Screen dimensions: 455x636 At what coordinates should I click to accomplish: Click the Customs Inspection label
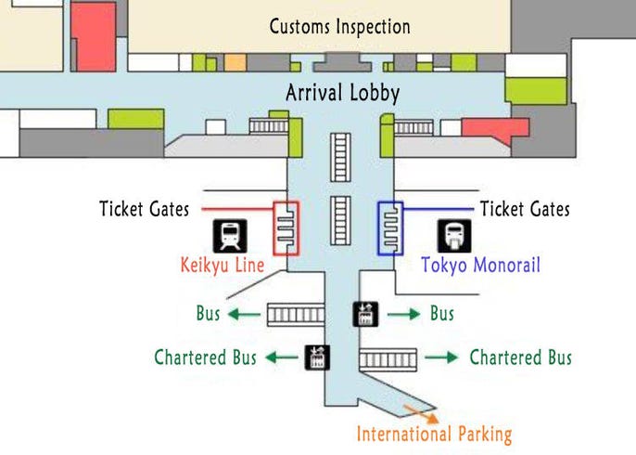tap(339, 26)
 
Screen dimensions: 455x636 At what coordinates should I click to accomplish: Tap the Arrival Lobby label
tap(342, 93)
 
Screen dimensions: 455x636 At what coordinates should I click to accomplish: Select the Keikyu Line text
tap(222, 266)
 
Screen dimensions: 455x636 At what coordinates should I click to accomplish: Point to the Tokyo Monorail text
tap(480, 266)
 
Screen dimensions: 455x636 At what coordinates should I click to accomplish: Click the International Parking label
tap(434, 434)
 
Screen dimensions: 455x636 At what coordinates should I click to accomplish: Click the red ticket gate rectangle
tap(286, 227)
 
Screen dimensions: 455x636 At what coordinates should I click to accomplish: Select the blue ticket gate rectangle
tap(390, 227)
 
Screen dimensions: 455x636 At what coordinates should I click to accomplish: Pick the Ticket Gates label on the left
tap(144, 209)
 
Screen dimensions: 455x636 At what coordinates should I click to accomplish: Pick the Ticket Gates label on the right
tap(525, 209)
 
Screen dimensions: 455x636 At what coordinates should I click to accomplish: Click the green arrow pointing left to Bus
tap(244, 315)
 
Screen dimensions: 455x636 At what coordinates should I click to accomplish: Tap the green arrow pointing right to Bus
tap(404, 315)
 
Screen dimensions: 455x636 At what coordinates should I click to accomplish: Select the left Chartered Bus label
tap(205, 357)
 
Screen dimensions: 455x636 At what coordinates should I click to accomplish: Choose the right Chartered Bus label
tap(521, 357)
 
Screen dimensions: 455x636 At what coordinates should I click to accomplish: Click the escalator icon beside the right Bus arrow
tap(364, 315)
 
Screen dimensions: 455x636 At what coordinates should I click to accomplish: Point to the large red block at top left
tap(94, 35)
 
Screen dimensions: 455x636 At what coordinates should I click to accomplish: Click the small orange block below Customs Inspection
tap(235, 63)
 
